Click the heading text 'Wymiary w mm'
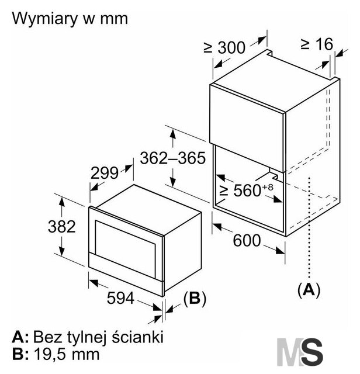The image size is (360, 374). click(70, 19)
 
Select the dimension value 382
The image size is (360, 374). click(61, 227)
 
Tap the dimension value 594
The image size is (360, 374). click(120, 298)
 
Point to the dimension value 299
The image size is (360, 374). click(105, 173)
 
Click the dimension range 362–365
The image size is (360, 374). click(173, 158)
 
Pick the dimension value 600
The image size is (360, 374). click(247, 240)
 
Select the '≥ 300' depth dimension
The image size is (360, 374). click(224, 47)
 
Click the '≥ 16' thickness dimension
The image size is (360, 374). click(317, 44)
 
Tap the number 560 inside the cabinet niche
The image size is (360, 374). click(247, 190)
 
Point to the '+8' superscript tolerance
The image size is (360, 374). click(268, 187)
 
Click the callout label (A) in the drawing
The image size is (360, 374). click(309, 290)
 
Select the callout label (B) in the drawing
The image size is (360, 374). click(195, 298)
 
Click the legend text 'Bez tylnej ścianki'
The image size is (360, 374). click(98, 337)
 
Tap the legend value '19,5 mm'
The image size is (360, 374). click(67, 354)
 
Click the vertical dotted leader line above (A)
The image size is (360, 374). click(309, 227)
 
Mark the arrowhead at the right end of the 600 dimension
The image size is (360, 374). click(280, 251)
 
